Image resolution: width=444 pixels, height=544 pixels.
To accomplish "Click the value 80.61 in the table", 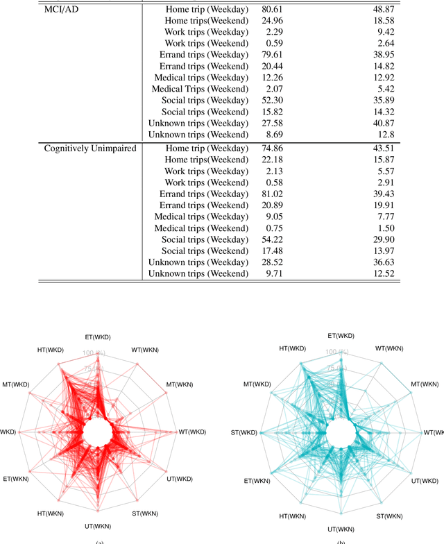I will [x=272, y=10].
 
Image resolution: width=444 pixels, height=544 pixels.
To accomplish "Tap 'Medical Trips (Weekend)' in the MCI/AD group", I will [x=200, y=89].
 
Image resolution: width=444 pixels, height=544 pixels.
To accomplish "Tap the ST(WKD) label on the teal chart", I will [x=244, y=432].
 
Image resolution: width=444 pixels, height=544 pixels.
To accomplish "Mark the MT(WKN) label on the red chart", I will [x=180, y=384].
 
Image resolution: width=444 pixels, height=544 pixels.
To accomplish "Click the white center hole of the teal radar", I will [x=338, y=434].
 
